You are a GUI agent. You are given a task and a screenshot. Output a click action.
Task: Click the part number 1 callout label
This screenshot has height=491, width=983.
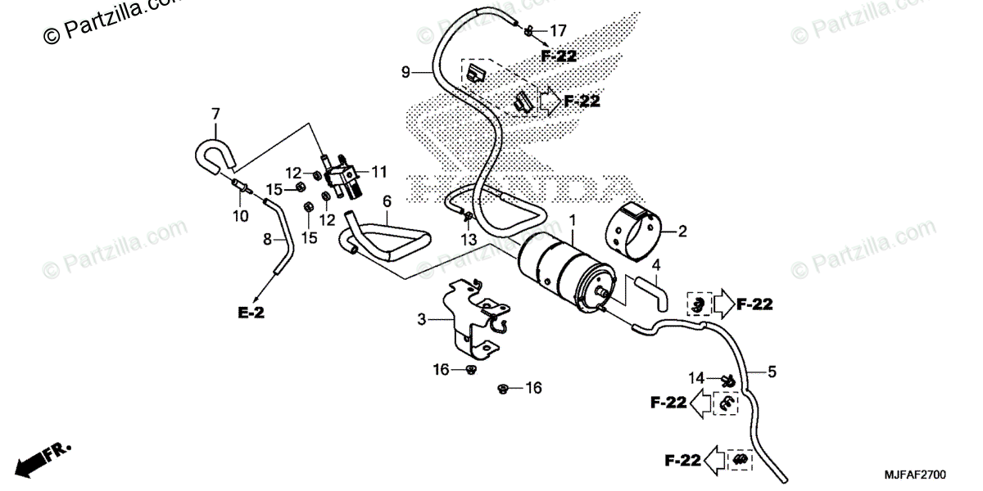pos(573,221)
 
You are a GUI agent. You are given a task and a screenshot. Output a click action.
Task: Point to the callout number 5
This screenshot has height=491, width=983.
pos(772,372)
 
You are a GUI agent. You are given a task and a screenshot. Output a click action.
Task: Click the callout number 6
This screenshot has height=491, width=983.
pos(387,201)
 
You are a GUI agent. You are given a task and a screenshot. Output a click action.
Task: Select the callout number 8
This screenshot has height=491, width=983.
pos(266,240)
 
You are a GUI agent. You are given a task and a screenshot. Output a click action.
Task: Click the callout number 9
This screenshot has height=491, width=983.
pos(405,73)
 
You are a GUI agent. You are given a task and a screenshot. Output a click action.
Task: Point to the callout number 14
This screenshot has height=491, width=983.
pos(695,377)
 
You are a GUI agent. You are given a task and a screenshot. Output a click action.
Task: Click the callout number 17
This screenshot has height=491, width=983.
pos(557,31)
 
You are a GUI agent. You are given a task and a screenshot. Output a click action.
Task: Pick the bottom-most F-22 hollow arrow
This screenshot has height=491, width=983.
pos(714,460)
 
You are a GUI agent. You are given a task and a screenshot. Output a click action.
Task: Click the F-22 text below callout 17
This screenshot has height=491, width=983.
pos(559,56)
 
